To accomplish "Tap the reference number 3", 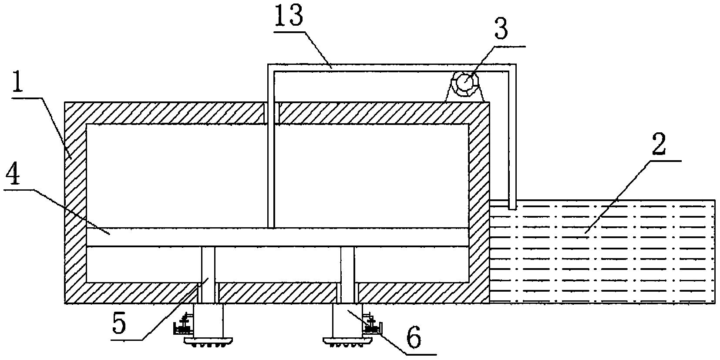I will [501, 29].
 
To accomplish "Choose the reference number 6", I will [413, 337].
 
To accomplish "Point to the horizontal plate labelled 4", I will [279, 237].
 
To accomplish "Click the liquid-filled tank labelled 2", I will [609, 252].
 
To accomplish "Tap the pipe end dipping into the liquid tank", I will [512, 205].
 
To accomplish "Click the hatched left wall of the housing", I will [75, 200].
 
